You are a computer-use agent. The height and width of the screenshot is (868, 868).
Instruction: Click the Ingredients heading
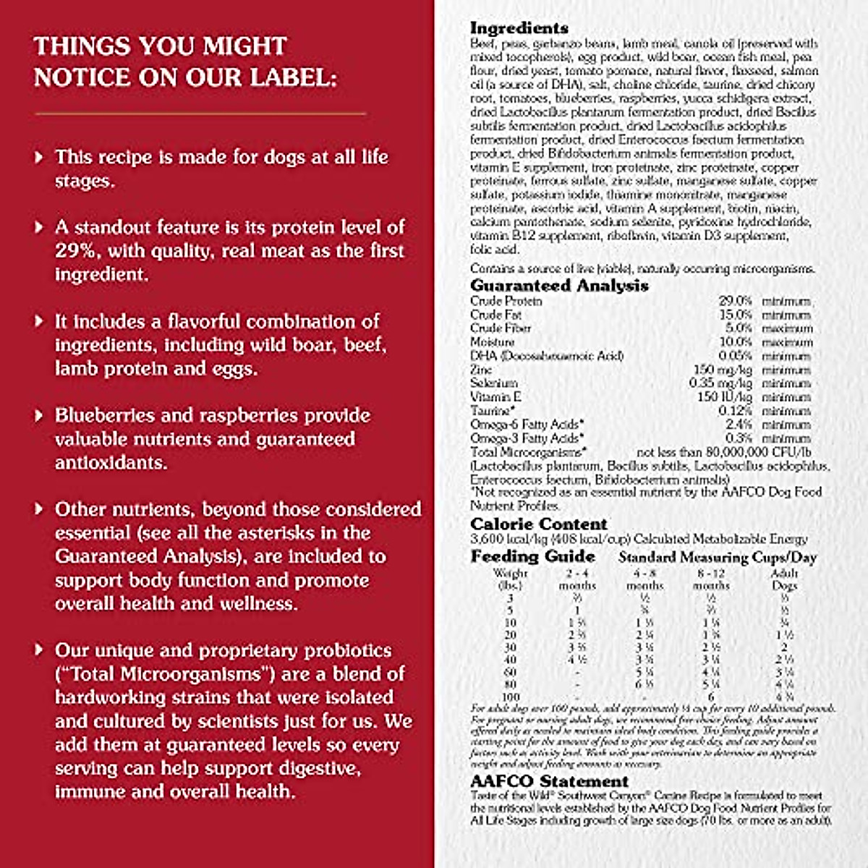(519, 28)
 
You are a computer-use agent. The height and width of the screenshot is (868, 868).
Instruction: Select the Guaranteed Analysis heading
(559, 286)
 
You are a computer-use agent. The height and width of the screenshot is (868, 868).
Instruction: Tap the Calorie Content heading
(539, 524)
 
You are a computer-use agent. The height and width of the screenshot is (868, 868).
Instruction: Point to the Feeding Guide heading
(532, 557)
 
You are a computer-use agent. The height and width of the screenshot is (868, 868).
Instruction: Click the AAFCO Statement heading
(549, 782)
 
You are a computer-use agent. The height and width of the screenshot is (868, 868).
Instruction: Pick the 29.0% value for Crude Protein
(735, 301)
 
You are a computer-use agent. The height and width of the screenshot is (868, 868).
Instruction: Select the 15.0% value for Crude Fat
(735, 315)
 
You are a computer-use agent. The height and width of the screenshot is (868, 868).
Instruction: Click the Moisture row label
(492, 342)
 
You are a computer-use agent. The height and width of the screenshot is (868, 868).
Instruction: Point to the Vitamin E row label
(495, 397)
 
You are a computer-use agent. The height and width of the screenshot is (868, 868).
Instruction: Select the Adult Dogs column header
(784, 579)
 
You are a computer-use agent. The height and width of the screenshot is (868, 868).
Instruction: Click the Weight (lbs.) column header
(510, 579)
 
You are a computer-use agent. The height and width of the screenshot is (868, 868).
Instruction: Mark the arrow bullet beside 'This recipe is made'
(39, 157)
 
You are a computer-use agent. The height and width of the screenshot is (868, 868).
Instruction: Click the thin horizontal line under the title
(200, 114)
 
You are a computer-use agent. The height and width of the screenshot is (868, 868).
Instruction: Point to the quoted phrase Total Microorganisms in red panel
(159, 674)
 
